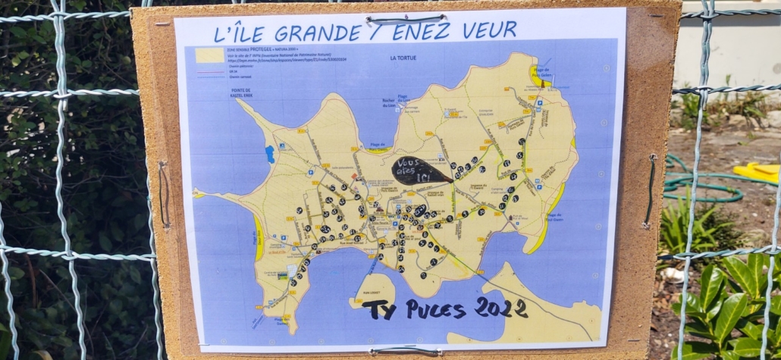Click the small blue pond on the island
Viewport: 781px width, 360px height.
(269, 155)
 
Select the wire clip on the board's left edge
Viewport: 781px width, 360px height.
(164, 193)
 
